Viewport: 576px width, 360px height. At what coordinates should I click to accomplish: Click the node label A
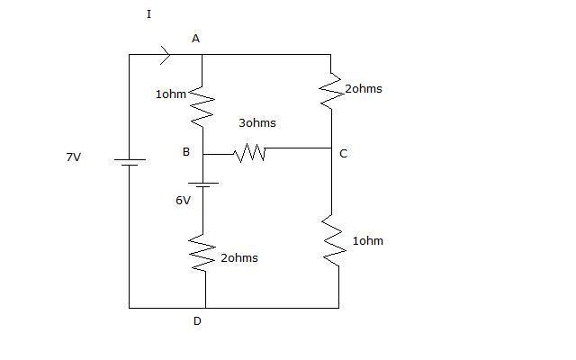coord(195,38)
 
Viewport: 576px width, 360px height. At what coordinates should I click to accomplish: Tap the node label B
coord(186,152)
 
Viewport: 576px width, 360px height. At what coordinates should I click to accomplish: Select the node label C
coord(343,154)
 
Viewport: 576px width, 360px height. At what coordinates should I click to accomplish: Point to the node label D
coord(197,321)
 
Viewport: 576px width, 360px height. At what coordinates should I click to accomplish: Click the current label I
coord(148,14)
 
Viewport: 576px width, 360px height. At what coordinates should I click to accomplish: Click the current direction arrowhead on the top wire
coord(166,55)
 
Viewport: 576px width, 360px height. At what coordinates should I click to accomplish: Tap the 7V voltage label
coord(74,157)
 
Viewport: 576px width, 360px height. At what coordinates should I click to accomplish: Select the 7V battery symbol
coord(130,162)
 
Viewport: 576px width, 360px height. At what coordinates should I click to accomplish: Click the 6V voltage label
coord(183,201)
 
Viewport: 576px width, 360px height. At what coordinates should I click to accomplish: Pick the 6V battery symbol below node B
coord(203,184)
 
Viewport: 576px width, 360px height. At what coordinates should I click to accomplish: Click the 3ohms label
coord(257,122)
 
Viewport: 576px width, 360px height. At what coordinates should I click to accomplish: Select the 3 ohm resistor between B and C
coord(250,153)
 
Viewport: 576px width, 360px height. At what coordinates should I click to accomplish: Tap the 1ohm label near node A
coord(171,94)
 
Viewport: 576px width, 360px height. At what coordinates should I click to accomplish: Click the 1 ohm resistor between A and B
coord(202,107)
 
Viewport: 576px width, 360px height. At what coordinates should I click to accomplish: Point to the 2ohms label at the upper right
coord(364,89)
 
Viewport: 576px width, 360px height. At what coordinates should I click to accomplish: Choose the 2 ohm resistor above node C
coord(331,91)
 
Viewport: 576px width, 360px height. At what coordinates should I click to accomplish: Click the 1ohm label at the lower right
coord(368,241)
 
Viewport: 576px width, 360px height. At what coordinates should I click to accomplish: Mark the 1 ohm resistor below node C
coord(334,240)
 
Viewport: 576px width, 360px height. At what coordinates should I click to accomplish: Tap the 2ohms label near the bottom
coord(239,258)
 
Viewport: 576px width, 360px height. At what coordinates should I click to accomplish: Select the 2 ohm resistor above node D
coord(202,253)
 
